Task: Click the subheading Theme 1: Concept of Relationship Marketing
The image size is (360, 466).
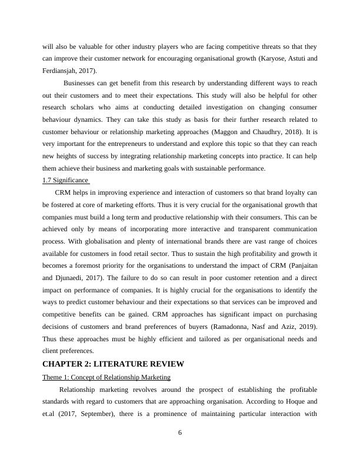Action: pos(106,377)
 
